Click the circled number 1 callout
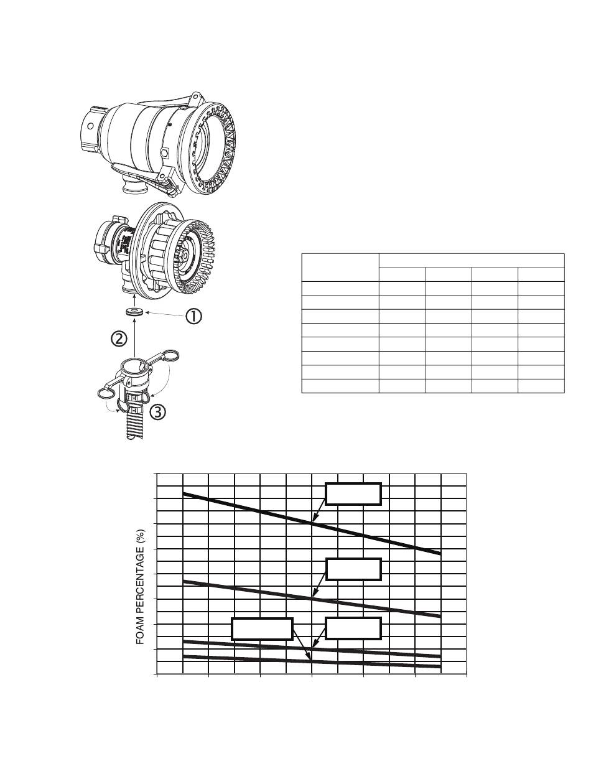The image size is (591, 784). pyautogui.click(x=192, y=317)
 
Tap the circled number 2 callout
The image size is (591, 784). pyautogui.click(x=119, y=338)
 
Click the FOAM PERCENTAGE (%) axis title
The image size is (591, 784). pyautogui.click(x=141, y=587)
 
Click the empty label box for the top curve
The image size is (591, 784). pyautogui.click(x=353, y=493)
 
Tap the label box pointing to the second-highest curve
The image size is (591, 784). pyautogui.click(x=353, y=569)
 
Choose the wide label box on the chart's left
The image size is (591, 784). pyautogui.click(x=262, y=628)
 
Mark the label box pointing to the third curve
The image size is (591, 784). pyautogui.click(x=353, y=628)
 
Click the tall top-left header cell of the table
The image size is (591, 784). pyautogui.click(x=340, y=268)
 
